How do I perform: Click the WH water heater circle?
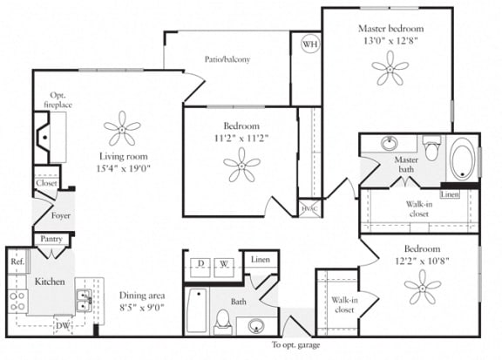tap(310, 44)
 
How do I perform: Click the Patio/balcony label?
tap(228, 59)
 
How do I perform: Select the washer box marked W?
tap(224, 263)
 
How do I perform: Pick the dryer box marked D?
tap(200, 263)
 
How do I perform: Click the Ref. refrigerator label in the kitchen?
tap(17, 261)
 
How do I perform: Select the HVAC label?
tap(309, 208)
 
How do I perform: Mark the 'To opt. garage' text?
tap(295, 346)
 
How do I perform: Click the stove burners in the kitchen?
tap(17, 300)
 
